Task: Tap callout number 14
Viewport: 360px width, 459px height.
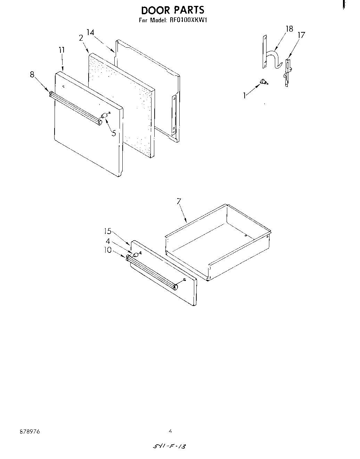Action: [x=90, y=32]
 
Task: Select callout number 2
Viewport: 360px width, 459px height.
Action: [x=81, y=38]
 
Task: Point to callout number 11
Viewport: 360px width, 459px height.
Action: [x=62, y=50]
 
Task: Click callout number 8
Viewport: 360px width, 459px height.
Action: [x=32, y=74]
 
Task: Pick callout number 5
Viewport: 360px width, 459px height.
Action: [x=114, y=132]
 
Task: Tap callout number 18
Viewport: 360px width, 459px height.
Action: [x=289, y=29]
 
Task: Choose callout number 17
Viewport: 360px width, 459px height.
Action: [x=301, y=35]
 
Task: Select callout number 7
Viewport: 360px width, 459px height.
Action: [x=179, y=201]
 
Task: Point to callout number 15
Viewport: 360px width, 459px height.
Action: [x=108, y=231]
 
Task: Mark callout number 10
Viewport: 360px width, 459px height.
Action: [x=108, y=250]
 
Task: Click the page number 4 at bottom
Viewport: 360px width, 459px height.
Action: [x=170, y=431]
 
